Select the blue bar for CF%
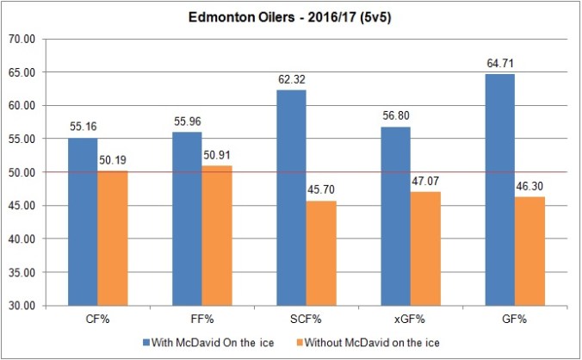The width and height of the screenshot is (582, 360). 84,221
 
